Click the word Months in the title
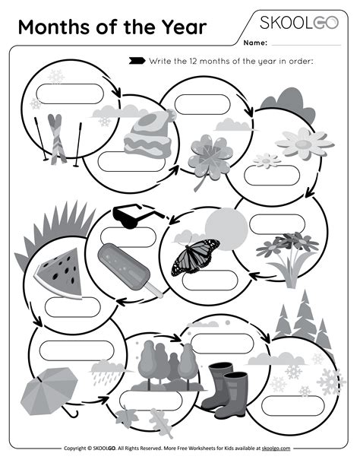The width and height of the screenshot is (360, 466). (x=49, y=28)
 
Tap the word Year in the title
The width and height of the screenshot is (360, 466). (x=179, y=28)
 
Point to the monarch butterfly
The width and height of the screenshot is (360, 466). (x=195, y=256)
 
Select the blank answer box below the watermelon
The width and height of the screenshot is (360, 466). (x=68, y=307)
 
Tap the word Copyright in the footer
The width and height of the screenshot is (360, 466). (x=78, y=449)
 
